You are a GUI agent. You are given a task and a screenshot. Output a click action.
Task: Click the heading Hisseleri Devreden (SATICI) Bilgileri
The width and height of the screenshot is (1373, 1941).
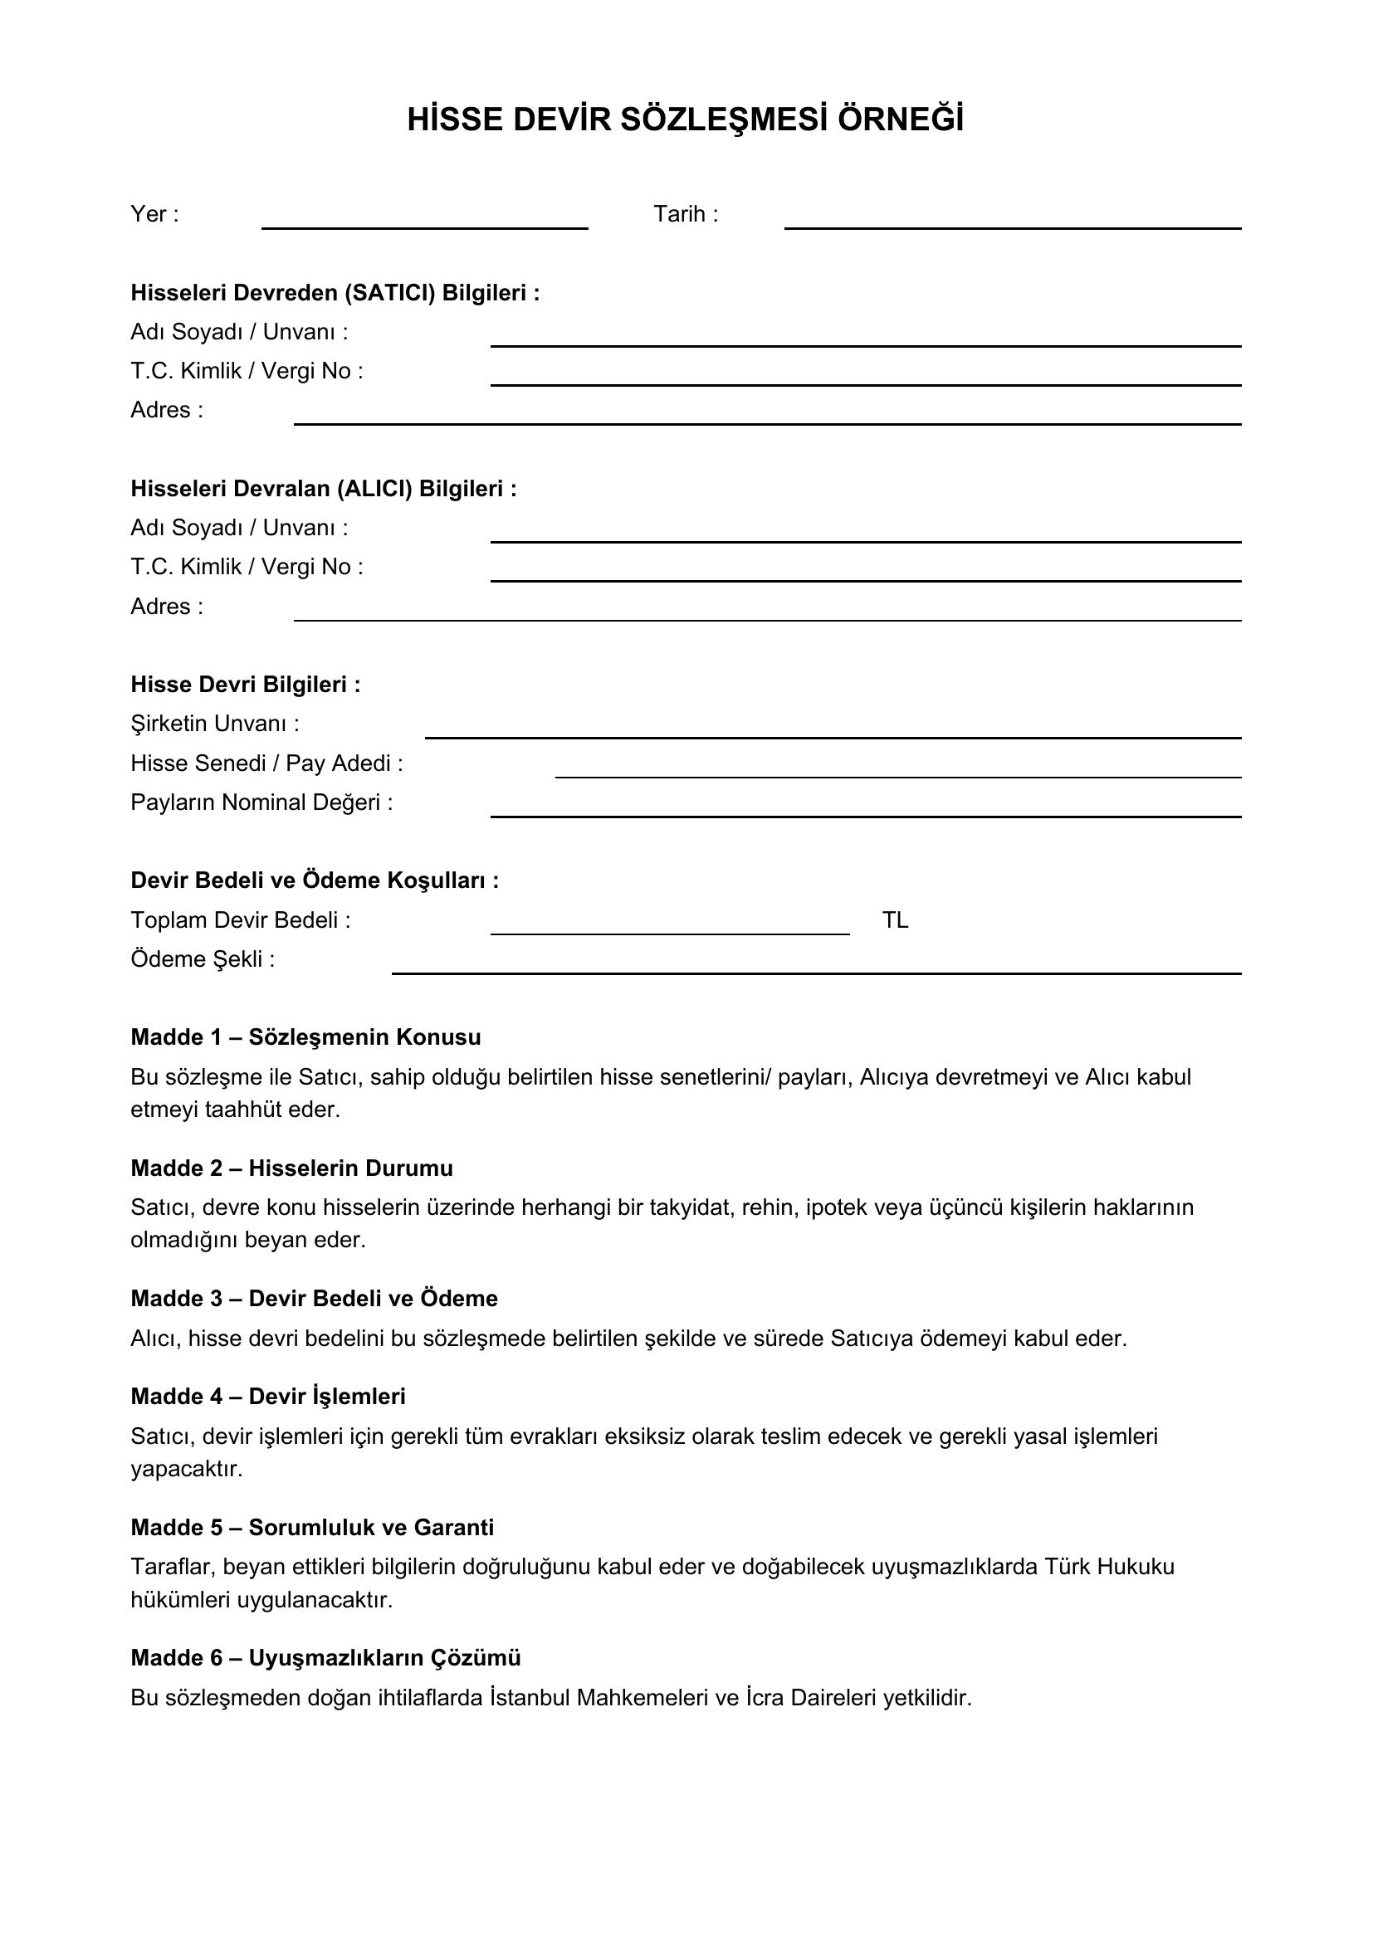tap(335, 292)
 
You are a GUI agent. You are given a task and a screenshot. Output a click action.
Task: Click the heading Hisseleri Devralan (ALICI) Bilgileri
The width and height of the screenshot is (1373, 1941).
tap(323, 489)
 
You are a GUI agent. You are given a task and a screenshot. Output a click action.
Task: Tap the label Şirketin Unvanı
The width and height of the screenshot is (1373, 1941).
tap(215, 724)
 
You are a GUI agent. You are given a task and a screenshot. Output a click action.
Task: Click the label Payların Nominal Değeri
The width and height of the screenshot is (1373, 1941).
tap(261, 802)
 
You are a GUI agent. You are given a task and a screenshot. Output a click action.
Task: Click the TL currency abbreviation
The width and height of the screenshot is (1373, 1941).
tap(896, 919)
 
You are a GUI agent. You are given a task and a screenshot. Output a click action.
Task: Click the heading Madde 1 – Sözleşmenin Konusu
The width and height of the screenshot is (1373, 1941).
tap(305, 1037)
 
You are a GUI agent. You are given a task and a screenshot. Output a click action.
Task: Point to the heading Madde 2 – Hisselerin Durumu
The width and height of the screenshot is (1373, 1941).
tap(291, 1168)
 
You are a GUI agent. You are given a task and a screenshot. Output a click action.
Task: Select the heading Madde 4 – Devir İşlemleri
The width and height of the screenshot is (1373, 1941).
tap(268, 1397)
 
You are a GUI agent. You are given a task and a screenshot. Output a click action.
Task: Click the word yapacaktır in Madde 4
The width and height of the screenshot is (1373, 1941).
tap(186, 1469)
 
